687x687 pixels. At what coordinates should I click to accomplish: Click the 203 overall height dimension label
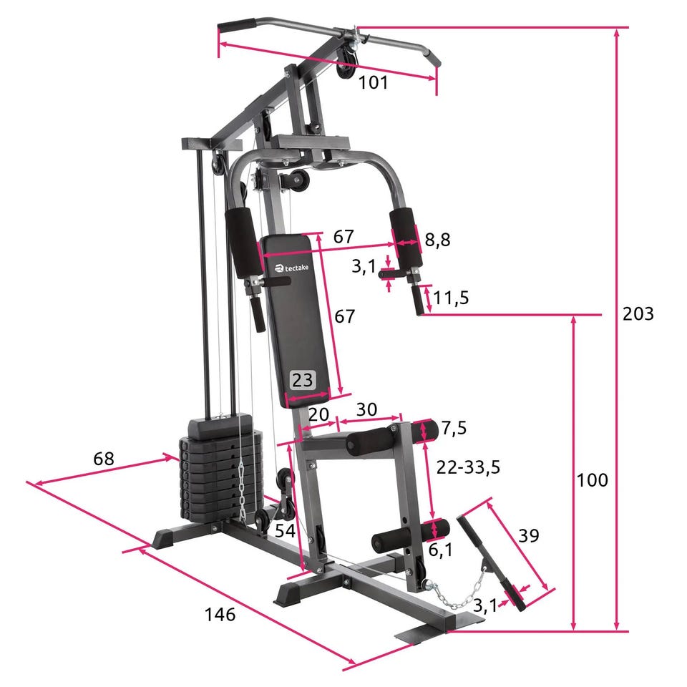click(638, 313)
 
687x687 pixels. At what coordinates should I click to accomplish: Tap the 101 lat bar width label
click(374, 82)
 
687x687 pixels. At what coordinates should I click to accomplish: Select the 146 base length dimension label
click(220, 614)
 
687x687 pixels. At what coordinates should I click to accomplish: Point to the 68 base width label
click(103, 459)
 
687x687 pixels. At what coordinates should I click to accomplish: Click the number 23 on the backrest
click(302, 379)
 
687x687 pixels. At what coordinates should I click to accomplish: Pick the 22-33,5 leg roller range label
click(468, 467)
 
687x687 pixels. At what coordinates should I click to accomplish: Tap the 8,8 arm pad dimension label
click(437, 240)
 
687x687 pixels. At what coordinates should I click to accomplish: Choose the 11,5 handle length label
click(452, 298)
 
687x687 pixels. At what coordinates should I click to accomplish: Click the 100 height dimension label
click(592, 480)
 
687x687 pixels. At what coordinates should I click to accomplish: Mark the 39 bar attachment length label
click(528, 535)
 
